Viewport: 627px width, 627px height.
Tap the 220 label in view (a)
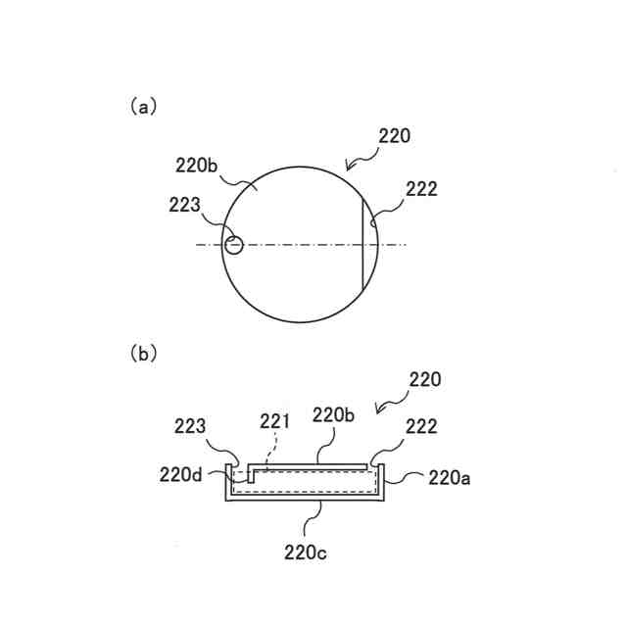tap(394, 136)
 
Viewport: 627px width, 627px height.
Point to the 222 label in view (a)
tap(421, 189)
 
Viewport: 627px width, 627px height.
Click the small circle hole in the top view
tap(233, 244)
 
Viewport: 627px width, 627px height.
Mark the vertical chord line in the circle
tap(363, 245)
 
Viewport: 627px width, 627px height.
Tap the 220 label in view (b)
tap(424, 379)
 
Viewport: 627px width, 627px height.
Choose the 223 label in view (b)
tap(189, 426)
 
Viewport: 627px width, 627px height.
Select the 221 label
tap(275, 422)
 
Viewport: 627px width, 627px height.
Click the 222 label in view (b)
tap(420, 426)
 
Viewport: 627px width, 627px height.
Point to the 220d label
tap(181, 474)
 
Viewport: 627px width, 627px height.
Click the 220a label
tap(451, 477)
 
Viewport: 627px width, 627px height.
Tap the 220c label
tap(306, 553)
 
